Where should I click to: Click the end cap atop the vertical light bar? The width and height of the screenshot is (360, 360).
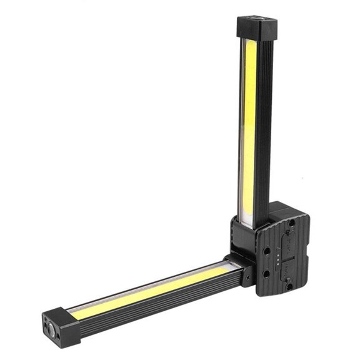pyautogui.click(x=257, y=29)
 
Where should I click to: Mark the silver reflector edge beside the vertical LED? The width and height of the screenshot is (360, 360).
pyautogui.click(x=242, y=125)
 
